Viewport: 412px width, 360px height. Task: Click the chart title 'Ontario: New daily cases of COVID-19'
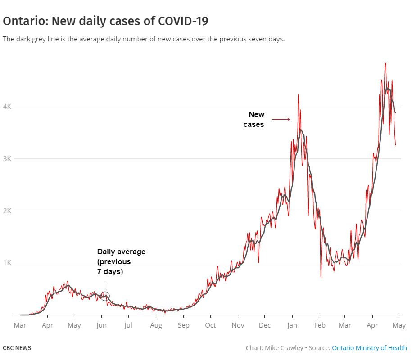point(105,21)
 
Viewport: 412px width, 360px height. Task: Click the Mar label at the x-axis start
point(20,325)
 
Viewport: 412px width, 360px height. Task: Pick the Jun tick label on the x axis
point(101,325)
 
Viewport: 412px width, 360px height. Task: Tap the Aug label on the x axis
point(156,325)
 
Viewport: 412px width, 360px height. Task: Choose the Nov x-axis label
point(238,325)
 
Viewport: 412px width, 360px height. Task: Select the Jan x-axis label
point(293,325)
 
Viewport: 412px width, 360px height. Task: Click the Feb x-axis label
point(320,325)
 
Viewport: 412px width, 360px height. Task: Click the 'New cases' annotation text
point(254,119)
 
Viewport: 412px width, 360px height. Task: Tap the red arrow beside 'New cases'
point(281,119)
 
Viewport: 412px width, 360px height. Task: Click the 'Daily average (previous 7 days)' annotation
point(121,262)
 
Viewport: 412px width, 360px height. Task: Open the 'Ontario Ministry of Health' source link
point(369,348)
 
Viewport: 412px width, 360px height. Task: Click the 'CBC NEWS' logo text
point(17,348)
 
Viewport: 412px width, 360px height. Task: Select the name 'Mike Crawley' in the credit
point(284,348)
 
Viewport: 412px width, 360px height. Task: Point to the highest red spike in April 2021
point(385,63)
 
